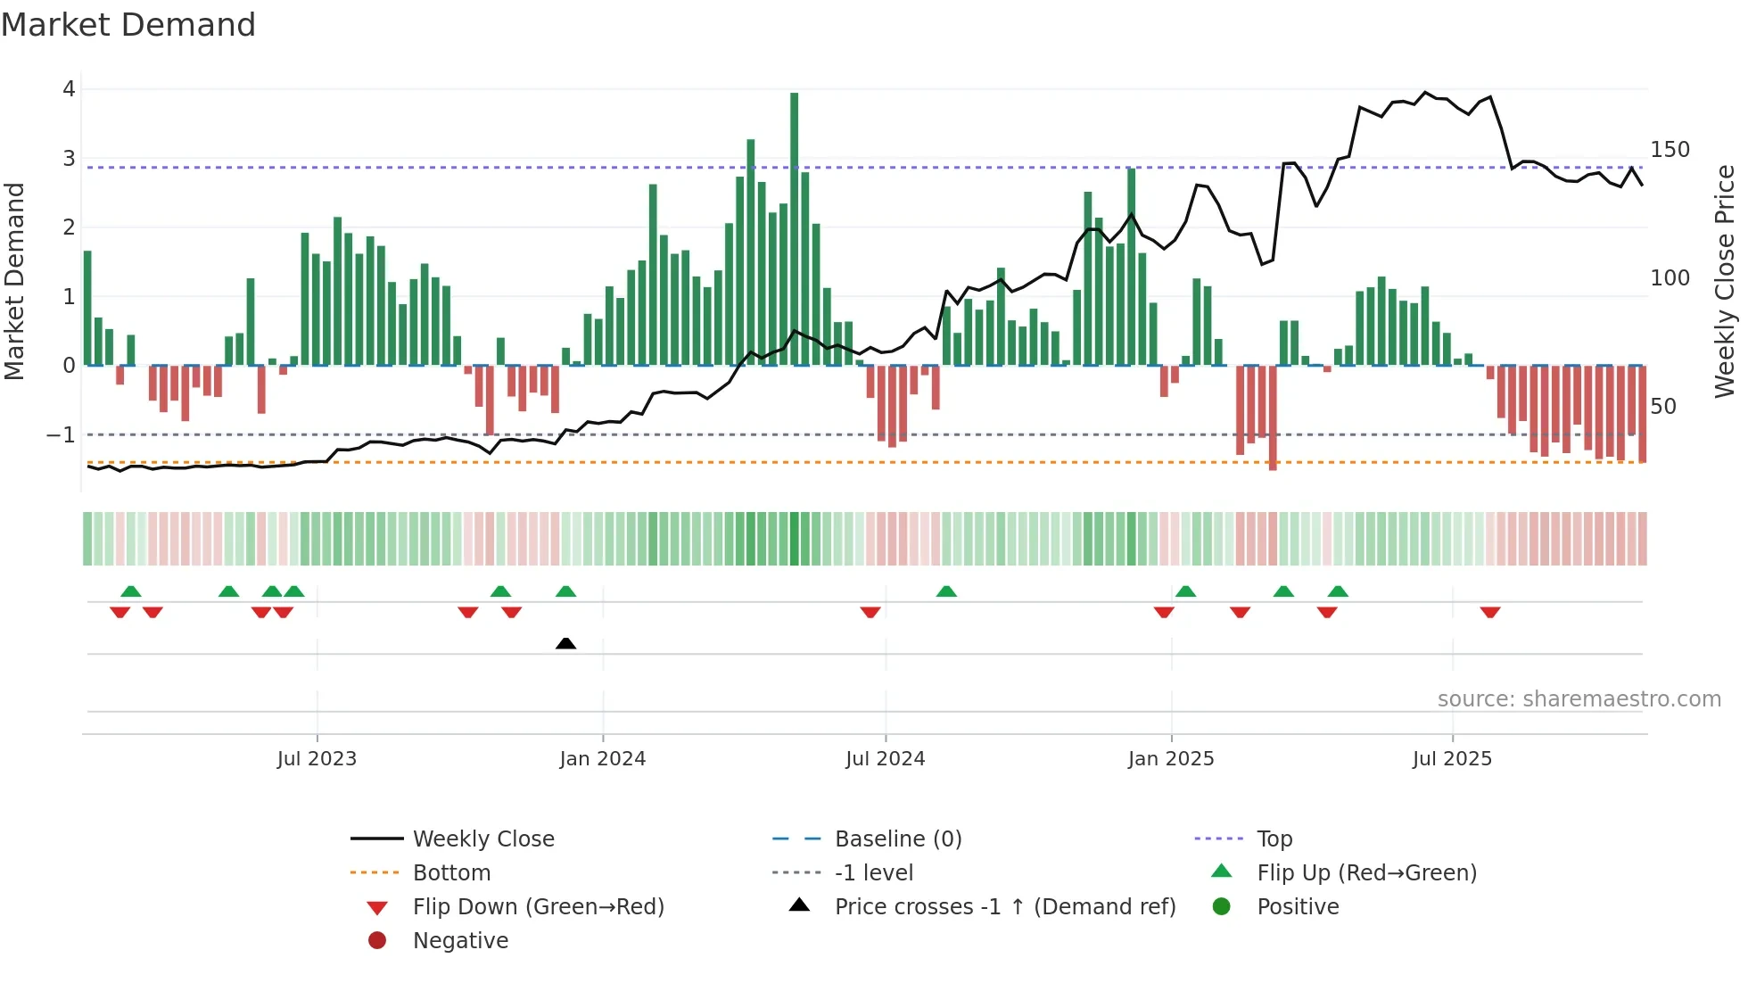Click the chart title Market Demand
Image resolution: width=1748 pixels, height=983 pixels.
pos(128,25)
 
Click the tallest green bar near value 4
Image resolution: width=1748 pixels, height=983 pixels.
pos(794,227)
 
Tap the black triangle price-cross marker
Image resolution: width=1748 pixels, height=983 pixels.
pos(565,643)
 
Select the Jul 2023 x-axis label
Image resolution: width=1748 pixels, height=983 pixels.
pos(317,759)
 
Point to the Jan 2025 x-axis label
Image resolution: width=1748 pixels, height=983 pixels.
pos(1170,759)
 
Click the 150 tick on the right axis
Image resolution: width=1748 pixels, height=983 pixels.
pos(1670,150)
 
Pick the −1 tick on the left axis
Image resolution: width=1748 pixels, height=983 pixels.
pos(61,435)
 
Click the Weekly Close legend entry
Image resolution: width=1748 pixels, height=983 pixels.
pos(482,839)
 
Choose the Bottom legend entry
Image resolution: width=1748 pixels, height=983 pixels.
pos(451,873)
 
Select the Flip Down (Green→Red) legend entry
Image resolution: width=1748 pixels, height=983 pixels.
pos(538,907)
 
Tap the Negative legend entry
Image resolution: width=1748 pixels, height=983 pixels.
pos(460,941)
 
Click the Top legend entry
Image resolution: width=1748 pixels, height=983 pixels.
pos(1274,839)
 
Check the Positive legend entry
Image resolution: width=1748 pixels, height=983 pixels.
pos(1298,907)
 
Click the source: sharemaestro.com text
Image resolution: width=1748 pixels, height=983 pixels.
pos(1579,699)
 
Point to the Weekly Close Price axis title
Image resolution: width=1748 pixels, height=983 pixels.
pos(1725,281)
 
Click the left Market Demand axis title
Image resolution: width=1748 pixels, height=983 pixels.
pos(14,281)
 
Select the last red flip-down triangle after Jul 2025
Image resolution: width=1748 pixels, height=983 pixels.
pos(1489,612)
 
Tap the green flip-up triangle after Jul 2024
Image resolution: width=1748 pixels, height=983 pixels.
pos(946,591)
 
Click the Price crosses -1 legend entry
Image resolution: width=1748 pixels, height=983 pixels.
pos(1004,907)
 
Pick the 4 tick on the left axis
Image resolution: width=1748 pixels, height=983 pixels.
pos(69,89)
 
